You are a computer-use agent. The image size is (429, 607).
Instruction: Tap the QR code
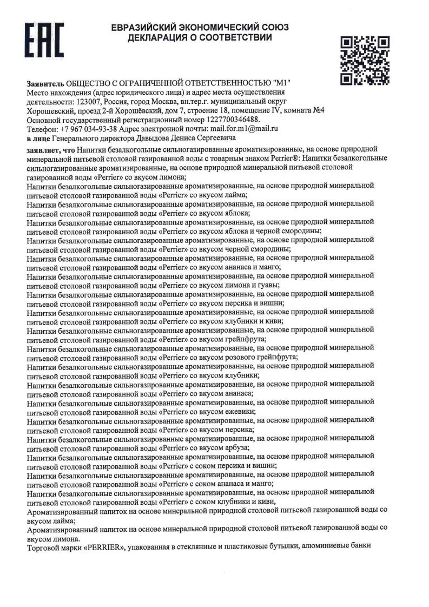(x=365, y=60)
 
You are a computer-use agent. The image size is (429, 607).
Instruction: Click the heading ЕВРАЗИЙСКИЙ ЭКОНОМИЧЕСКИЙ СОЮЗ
(x=200, y=28)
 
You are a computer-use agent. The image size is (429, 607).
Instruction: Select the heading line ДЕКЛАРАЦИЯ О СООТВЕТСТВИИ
(x=200, y=38)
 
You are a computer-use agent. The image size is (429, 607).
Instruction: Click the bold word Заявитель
(x=45, y=83)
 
